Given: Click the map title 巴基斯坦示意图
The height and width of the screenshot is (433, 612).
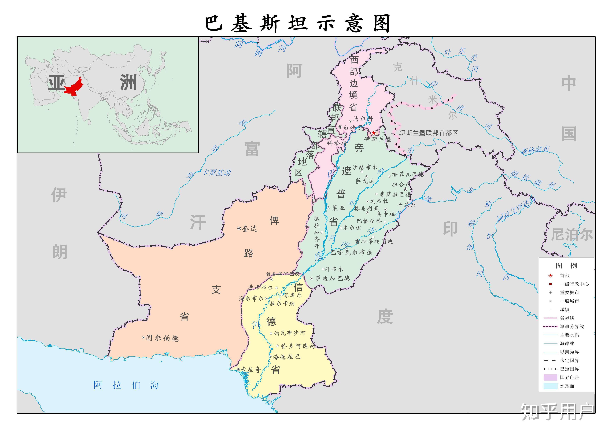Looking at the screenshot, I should (x=298, y=23).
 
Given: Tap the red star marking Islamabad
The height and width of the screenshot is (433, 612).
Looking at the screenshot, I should (x=374, y=133).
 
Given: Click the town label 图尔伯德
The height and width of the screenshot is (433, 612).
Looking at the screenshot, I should (x=162, y=338).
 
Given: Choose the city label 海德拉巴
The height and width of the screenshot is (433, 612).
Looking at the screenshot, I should (x=287, y=357).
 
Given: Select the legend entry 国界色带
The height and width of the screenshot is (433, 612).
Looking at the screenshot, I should (x=569, y=378).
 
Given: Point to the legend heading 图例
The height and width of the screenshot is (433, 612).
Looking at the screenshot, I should (x=566, y=266).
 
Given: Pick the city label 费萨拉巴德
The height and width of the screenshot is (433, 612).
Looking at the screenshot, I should (x=396, y=194).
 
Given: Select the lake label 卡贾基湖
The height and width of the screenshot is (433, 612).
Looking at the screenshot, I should (x=216, y=173).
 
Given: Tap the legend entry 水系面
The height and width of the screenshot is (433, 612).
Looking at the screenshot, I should (x=567, y=386).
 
